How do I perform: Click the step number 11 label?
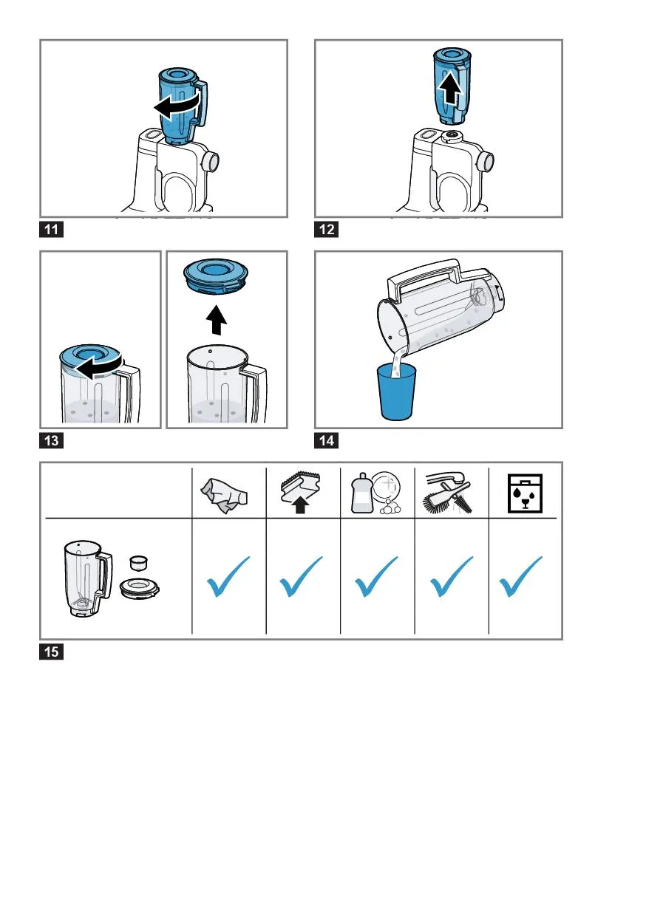[51, 230]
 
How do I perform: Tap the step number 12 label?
[326, 230]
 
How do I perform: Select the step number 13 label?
[51, 441]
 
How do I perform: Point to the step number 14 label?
[326, 441]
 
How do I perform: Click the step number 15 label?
[51, 652]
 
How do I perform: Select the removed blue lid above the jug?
[216, 276]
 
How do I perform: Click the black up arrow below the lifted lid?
[216, 320]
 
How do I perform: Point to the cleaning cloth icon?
[224, 495]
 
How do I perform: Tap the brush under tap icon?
[447, 492]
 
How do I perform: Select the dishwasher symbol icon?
[525, 493]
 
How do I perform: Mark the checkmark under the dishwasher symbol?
[520, 577]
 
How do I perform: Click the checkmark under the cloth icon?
[227, 577]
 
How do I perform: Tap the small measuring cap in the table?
[138, 563]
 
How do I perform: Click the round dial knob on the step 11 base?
[211, 160]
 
